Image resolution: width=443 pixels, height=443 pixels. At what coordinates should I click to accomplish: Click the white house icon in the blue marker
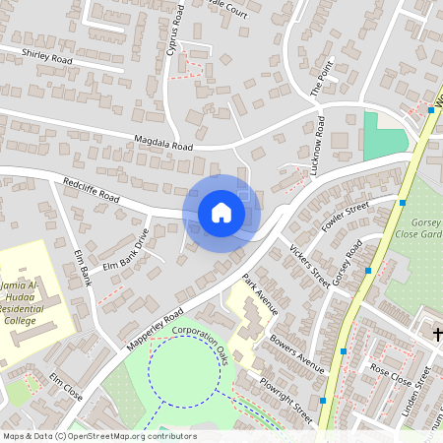tap(221, 212)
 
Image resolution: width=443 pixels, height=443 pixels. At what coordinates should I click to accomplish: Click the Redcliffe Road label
tap(90, 191)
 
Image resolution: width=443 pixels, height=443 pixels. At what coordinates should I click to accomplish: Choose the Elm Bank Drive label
tap(125, 250)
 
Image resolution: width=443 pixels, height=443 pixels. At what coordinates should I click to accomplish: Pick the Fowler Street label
tap(344, 220)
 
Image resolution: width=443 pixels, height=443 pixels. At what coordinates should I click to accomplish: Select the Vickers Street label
tap(309, 266)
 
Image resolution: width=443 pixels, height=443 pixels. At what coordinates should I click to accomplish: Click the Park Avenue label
tap(261, 294)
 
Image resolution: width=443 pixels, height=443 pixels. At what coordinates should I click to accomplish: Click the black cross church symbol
tap(438, 336)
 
